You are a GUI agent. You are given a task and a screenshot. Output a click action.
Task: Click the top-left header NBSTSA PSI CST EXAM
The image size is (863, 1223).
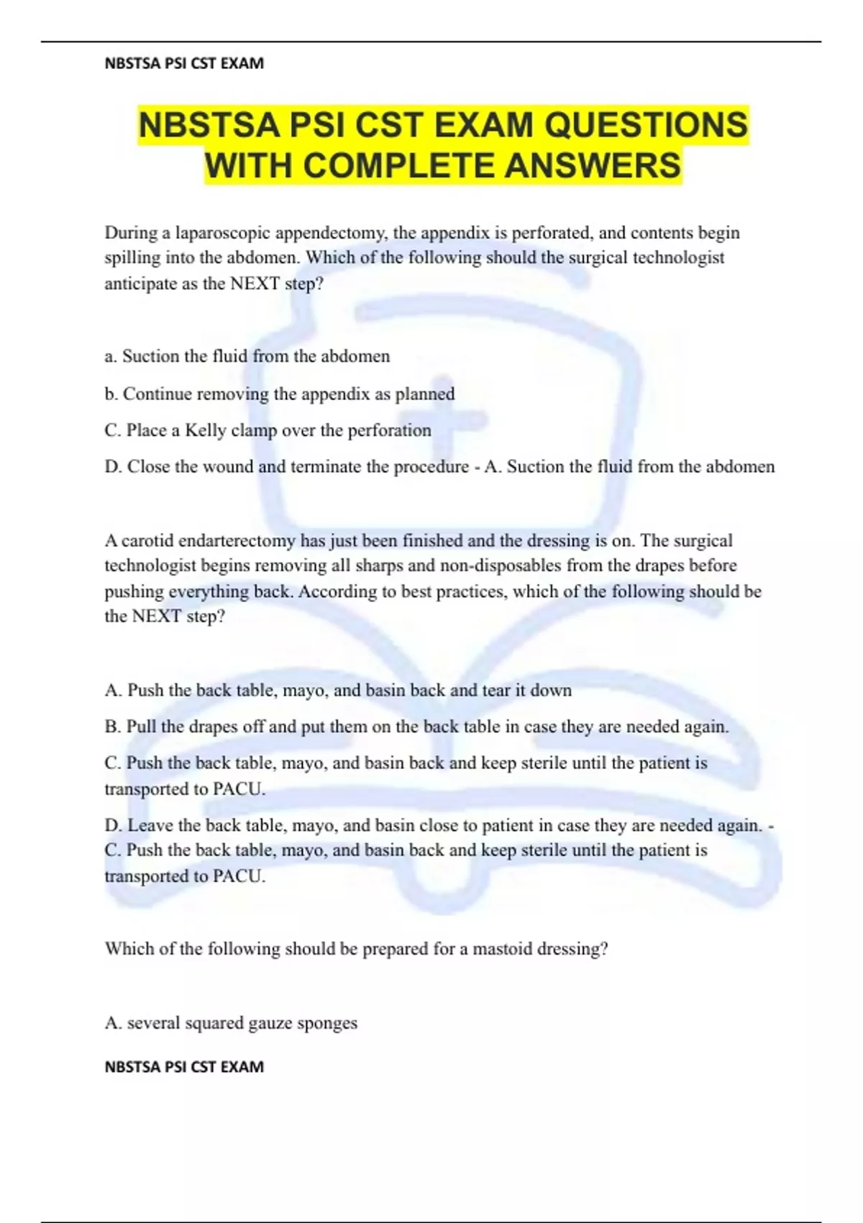click(184, 63)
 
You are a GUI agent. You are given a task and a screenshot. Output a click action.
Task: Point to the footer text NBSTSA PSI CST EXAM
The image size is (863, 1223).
click(184, 1066)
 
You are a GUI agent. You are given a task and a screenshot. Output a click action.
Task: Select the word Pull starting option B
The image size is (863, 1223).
click(141, 727)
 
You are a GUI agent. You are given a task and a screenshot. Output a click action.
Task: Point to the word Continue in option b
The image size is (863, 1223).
click(157, 394)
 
